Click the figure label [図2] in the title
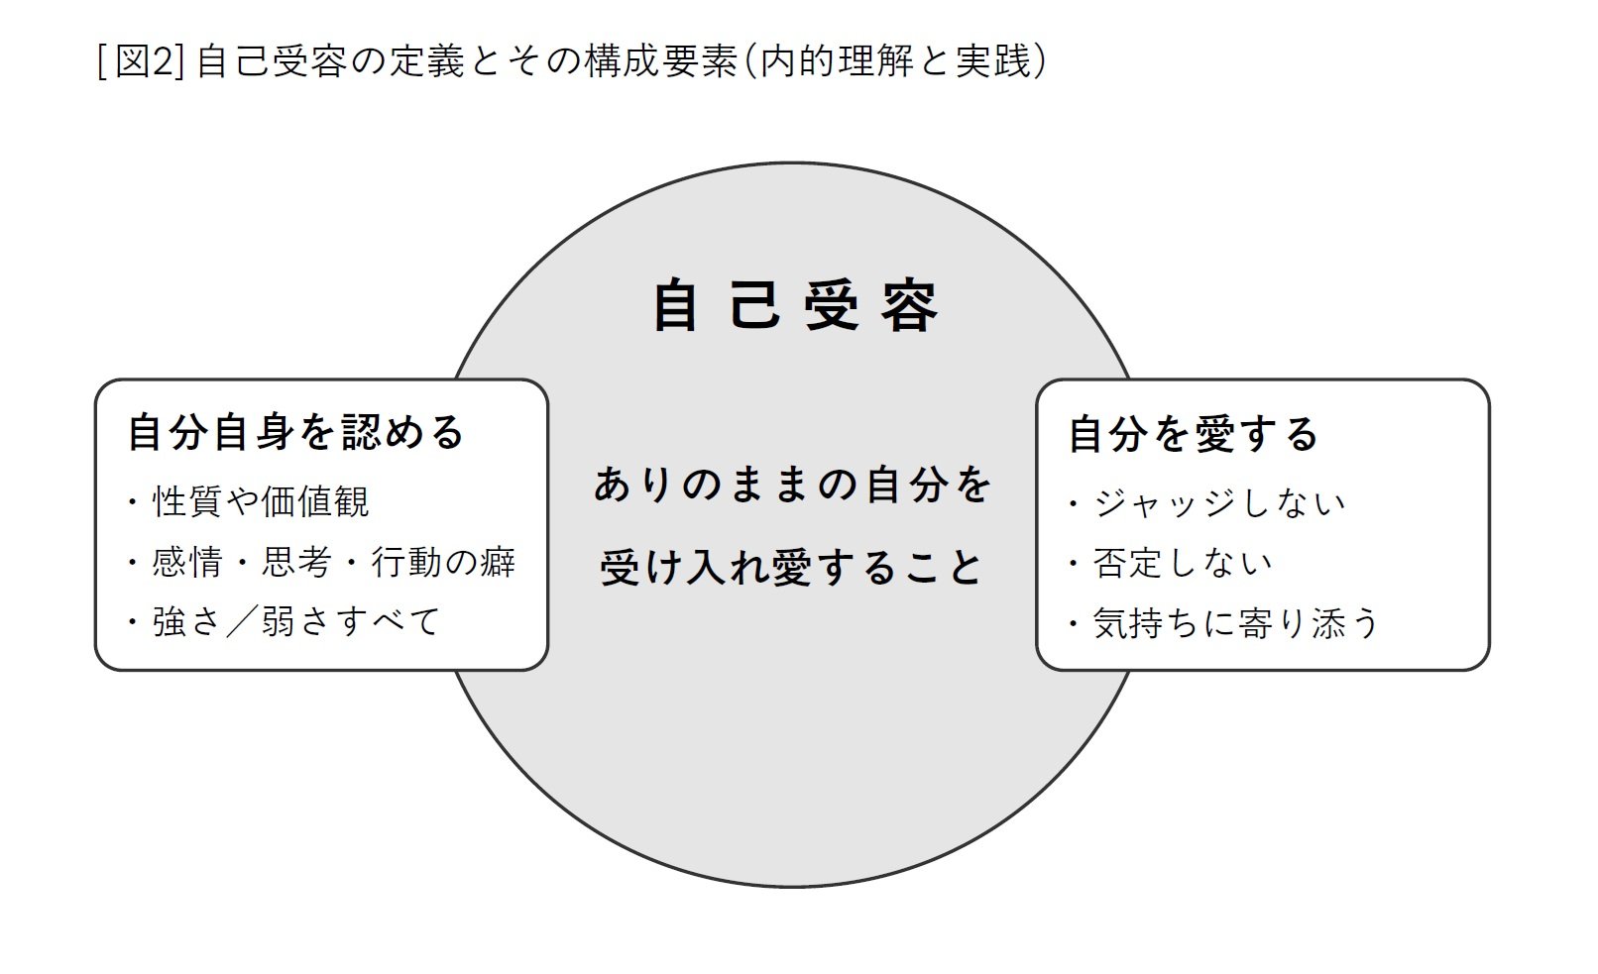point(142,61)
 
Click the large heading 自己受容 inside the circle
point(795,306)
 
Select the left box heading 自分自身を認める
point(295,433)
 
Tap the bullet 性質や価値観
point(261,501)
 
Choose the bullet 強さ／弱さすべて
point(295,622)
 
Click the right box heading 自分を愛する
point(1193,434)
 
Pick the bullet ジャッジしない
point(1219,503)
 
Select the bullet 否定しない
point(1182,563)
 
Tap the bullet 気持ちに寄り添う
point(1236,623)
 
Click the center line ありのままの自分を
point(793,486)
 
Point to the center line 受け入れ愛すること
point(792,568)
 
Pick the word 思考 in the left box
point(296,563)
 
